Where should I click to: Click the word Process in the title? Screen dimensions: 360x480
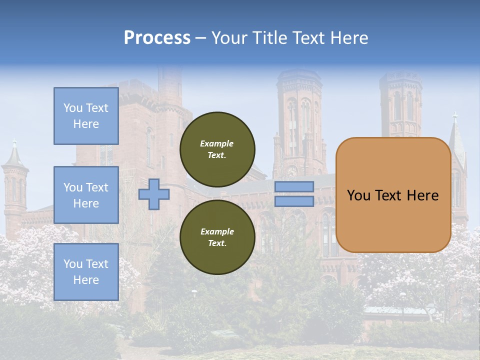click(157, 38)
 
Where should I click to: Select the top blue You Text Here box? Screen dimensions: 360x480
click(86, 116)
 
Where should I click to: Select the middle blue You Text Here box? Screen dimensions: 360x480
click(86, 195)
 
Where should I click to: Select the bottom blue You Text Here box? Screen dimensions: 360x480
click(86, 272)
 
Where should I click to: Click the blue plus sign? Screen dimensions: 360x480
click(153, 194)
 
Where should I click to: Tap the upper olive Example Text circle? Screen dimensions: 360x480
click(217, 149)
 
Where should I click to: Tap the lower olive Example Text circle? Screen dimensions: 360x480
click(217, 237)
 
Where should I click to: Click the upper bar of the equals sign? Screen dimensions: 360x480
click(294, 186)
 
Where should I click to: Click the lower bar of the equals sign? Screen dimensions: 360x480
click(294, 201)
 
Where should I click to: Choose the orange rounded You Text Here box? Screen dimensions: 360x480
click(393, 195)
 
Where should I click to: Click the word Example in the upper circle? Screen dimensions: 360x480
click(217, 143)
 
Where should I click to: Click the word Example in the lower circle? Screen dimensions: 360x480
click(217, 231)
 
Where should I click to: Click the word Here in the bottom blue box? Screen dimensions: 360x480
click(86, 280)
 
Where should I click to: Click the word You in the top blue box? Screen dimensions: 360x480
click(73, 108)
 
